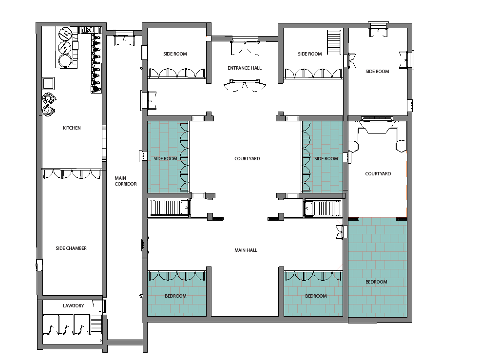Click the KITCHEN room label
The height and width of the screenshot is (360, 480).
(x=72, y=128)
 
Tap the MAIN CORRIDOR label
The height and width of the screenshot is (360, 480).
(x=126, y=181)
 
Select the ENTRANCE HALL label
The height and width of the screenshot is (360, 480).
(x=245, y=68)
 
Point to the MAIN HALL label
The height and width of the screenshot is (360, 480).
(x=246, y=250)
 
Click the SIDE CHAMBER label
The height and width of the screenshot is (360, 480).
(x=71, y=248)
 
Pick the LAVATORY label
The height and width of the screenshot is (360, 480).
(x=73, y=306)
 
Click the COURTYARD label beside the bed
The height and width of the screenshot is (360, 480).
(x=378, y=173)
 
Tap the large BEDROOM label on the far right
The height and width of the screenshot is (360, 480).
(x=376, y=282)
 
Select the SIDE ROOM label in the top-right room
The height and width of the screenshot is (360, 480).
(x=377, y=71)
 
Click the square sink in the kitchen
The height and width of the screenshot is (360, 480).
(x=48, y=83)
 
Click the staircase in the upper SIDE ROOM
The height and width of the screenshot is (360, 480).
(x=334, y=42)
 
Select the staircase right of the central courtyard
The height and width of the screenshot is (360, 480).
(x=323, y=208)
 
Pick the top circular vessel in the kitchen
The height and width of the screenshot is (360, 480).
(x=65, y=34)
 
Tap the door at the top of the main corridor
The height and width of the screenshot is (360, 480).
(x=124, y=38)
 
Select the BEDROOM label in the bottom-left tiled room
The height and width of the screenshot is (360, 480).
(x=175, y=296)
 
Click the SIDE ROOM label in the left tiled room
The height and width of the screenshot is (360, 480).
(x=165, y=159)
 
